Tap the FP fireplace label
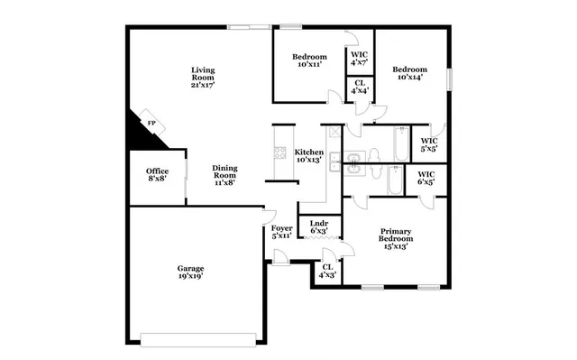pos(151,123)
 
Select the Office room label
pos(157,175)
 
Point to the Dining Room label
pos(224,174)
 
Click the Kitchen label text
pos(309,156)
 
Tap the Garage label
pos(189,272)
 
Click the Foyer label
pos(281,233)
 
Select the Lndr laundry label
pos(319,227)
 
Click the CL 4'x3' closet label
pos(327,271)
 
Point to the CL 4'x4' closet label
pos(358,88)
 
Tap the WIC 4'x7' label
pos(358,59)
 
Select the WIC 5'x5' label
pos(429,145)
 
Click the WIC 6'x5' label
pos(426,178)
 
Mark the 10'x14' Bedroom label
pos(408,74)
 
